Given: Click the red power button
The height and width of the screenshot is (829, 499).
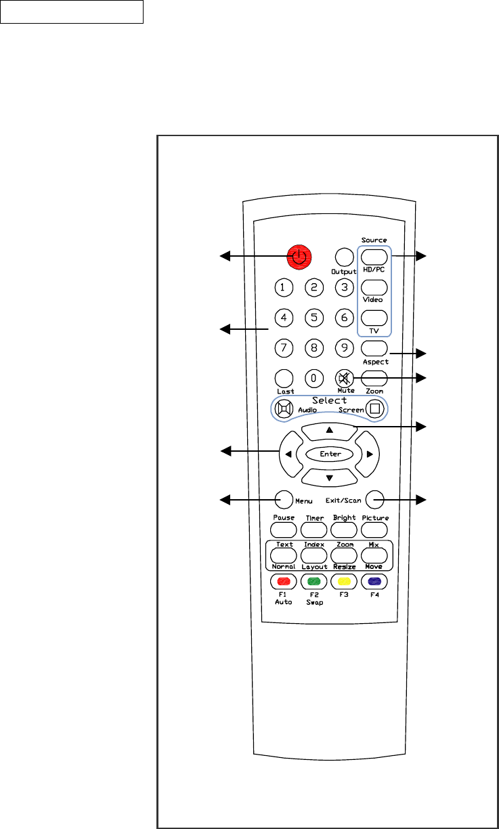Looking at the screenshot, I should tap(299, 256).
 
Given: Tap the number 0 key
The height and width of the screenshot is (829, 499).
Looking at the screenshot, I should tap(313, 377).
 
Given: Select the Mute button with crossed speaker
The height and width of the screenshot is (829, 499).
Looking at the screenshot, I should tap(344, 377).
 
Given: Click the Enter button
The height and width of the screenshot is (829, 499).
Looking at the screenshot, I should tap(328, 454).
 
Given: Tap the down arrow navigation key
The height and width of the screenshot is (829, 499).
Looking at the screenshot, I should tap(328, 477).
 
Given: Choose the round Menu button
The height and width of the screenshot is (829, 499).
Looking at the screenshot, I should tap(284, 500).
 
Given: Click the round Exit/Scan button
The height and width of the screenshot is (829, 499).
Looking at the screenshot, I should tap(373, 500).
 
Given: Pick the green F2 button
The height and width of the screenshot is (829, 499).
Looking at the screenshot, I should tap(313, 581).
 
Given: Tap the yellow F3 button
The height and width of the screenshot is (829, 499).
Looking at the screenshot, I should tap(344, 581).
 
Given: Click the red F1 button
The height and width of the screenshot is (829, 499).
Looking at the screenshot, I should tap(284, 581).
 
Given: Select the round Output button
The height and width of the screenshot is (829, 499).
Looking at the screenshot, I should tap(344, 256).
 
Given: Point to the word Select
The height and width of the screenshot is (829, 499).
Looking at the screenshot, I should tap(329, 400).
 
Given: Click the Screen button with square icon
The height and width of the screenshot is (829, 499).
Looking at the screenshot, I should tap(374, 408).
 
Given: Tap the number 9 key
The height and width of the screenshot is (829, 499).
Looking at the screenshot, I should tap(344, 348).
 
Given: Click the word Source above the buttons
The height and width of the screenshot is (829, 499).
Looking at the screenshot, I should tap(374, 240).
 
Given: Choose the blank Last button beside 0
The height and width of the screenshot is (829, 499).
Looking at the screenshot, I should tap(284, 377).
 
